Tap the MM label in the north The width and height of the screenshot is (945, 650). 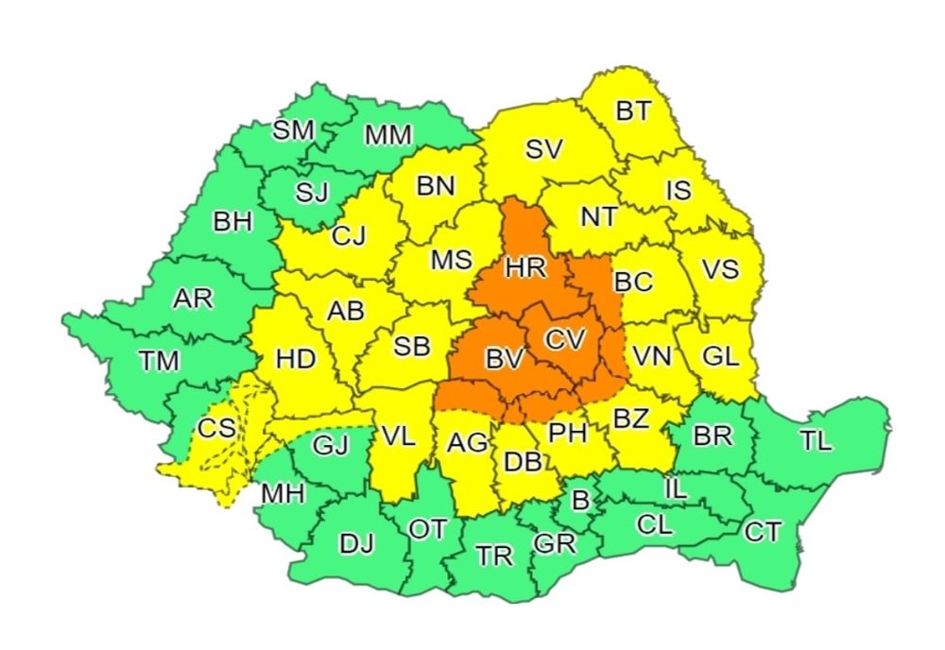click(x=387, y=135)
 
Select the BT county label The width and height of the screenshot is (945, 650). click(x=633, y=111)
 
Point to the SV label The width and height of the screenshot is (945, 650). click(x=543, y=148)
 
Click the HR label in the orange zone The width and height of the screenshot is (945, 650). click(x=525, y=268)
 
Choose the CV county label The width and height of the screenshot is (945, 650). click(x=566, y=338)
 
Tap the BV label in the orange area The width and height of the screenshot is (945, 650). click(x=504, y=358)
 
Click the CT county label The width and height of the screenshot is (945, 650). click(x=763, y=533)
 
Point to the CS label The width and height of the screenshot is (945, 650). click(x=216, y=428)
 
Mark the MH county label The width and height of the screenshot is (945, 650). click(x=283, y=493)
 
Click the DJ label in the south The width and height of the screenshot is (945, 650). click(x=356, y=543)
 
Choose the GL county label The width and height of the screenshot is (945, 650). click(x=723, y=356)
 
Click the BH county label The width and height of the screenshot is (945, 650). click(x=232, y=222)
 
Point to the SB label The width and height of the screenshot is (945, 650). click(x=411, y=347)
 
